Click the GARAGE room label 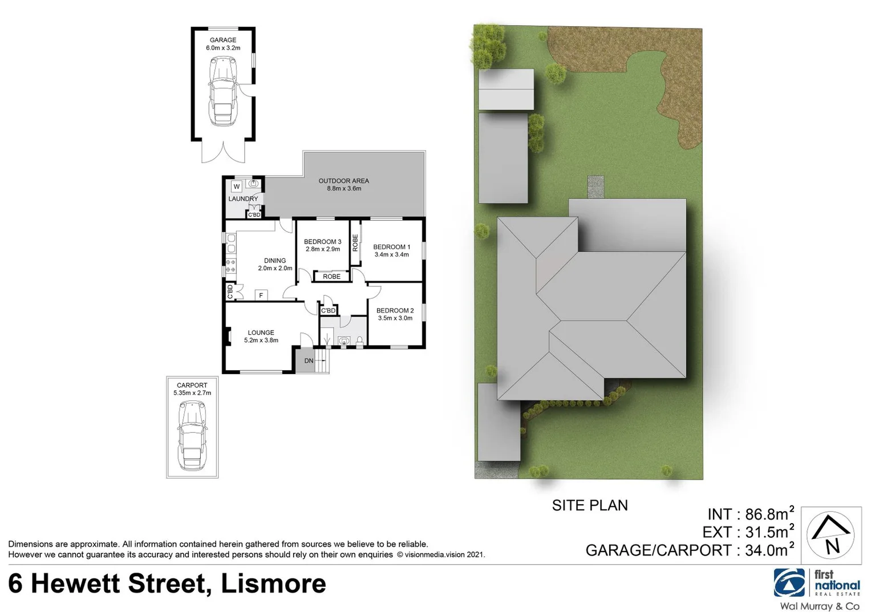pos(222,40)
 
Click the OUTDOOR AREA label pos(343,181)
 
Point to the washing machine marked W pos(236,187)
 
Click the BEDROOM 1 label pos(391,247)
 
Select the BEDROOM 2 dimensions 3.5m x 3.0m pos(395,318)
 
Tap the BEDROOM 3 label pos(322,242)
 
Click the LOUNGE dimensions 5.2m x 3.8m pos(261,341)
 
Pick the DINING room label pos(275,261)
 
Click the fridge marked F pos(261,295)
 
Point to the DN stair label pos(309,361)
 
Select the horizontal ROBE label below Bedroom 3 pos(331,277)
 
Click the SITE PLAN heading pos(589,505)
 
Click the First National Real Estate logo pos(816,583)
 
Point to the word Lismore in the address pos(273,583)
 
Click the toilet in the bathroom pos(359,341)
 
